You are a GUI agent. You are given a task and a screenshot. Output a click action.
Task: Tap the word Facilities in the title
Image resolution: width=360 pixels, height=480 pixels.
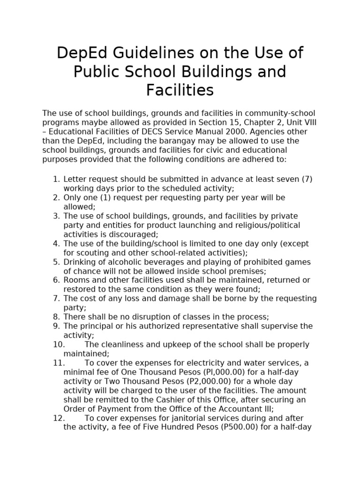coord(180,90)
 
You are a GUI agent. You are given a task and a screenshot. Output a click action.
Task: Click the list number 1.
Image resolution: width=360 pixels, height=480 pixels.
coord(56,179)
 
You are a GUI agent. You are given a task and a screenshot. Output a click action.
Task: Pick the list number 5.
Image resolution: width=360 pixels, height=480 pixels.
coord(56,262)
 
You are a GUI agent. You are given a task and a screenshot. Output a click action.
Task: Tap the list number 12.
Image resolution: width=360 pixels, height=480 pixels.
coord(58,418)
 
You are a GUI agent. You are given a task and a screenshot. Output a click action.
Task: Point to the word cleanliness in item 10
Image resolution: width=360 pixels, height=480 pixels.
coord(122,345)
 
